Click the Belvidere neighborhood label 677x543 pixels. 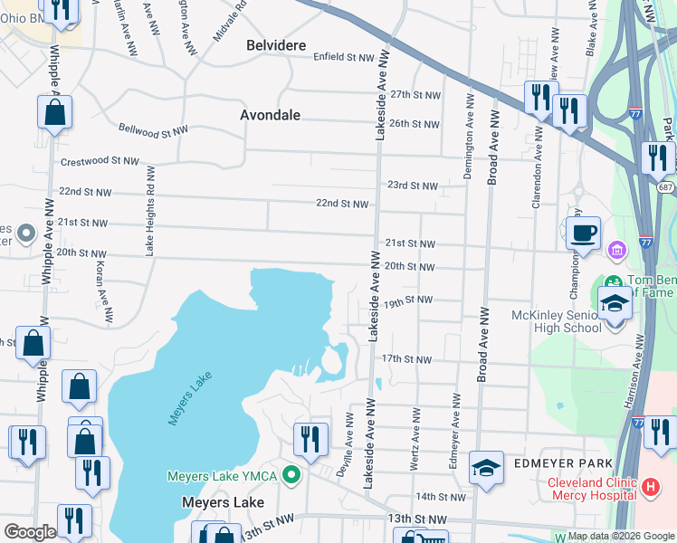(276, 45)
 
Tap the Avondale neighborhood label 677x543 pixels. (270, 115)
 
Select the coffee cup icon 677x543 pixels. (584, 233)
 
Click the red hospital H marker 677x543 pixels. (650, 488)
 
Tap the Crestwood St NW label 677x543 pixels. (99, 161)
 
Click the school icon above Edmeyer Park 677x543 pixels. (486, 468)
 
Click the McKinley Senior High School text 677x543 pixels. (555, 321)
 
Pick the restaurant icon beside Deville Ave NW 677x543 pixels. (310, 439)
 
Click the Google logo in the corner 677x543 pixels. (30, 532)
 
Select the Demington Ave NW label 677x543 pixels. (468, 136)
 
